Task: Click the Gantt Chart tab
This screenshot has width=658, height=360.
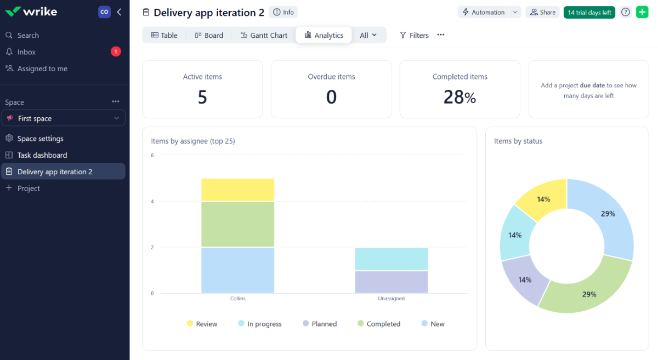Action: pos(264,35)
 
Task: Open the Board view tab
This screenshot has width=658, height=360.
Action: pos(209,35)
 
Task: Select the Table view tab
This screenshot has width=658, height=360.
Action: pos(163,35)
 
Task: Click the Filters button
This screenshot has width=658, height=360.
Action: pos(414,35)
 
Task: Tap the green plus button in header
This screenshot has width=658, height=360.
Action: pos(642,12)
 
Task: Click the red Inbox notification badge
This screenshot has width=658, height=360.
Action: pos(116,52)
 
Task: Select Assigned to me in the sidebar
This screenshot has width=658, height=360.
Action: pos(42,68)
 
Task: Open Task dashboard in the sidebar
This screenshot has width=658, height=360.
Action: pos(42,155)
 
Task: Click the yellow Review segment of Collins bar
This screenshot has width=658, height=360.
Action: pos(237,190)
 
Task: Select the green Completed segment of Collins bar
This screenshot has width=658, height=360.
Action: pos(237,224)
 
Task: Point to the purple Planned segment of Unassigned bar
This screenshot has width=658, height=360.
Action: pos(391,282)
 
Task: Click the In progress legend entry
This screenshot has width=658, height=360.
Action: pos(260,324)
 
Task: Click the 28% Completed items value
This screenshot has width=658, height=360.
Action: pos(460,98)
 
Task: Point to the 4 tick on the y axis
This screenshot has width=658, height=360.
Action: pos(152,202)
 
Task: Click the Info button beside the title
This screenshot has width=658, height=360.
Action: pos(283,12)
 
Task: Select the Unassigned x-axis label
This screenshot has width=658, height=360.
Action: pos(391,299)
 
